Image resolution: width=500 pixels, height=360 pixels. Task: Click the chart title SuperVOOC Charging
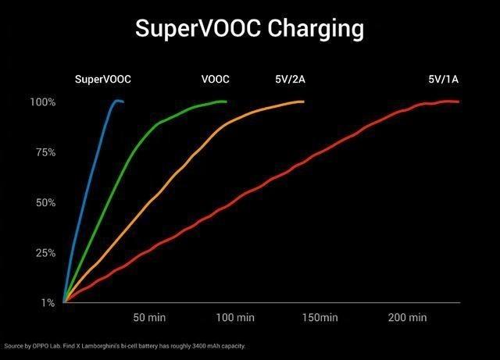tap(249, 28)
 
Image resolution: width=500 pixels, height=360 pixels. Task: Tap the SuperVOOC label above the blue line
tap(103, 79)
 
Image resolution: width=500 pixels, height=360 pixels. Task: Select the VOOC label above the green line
tap(215, 79)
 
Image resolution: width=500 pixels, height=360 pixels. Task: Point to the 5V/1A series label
tap(443, 79)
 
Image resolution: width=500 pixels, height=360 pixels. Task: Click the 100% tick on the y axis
tap(43, 102)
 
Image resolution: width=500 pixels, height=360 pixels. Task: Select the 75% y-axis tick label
tap(45, 152)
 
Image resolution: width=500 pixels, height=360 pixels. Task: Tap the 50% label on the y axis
tap(45, 203)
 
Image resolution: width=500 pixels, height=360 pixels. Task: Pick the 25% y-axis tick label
tap(45, 253)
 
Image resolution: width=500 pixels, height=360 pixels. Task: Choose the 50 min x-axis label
tap(149, 318)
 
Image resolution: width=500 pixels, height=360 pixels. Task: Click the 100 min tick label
tap(235, 318)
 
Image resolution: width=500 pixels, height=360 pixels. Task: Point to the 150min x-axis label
tap(320, 318)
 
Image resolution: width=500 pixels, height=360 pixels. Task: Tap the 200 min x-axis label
tap(406, 318)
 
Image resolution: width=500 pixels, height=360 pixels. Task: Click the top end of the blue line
tap(123, 102)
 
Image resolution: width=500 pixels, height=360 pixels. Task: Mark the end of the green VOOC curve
tap(226, 102)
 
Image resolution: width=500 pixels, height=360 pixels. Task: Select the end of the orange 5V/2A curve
tap(302, 102)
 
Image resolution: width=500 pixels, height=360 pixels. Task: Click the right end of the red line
tap(459, 102)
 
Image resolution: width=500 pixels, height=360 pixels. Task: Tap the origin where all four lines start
tap(64, 301)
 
